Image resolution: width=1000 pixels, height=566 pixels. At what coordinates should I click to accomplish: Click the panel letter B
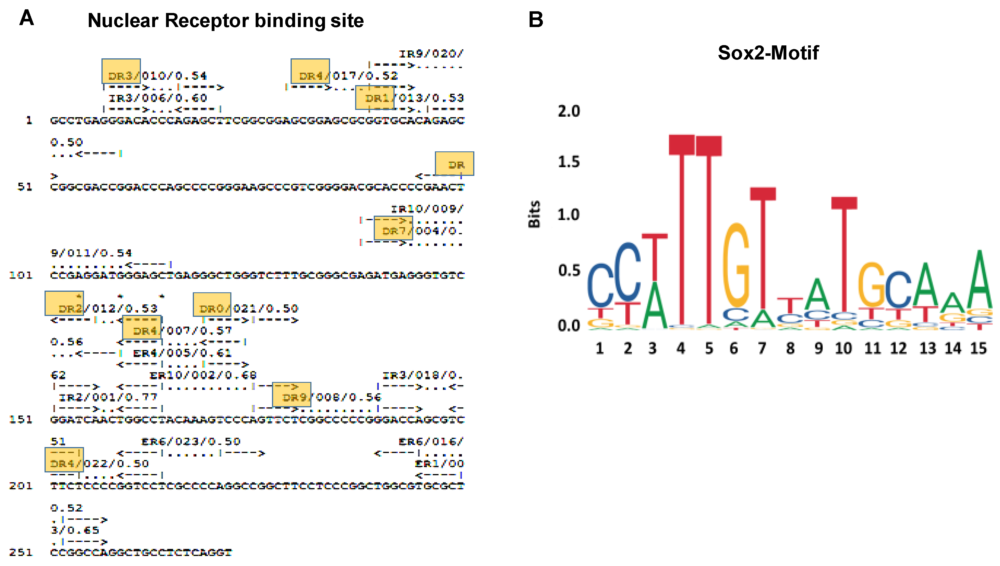pyautogui.click(x=536, y=19)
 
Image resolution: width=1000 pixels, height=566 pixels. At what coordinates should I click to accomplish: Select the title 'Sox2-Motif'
pyautogui.click(x=768, y=53)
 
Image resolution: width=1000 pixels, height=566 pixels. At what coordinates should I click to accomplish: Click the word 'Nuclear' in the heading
pyautogui.click(x=123, y=21)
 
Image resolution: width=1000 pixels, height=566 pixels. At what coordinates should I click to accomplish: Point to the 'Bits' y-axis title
pyautogui.click(x=534, y=214)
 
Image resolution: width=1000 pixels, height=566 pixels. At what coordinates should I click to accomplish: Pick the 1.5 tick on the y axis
pyautogui.click(x=568, y=162)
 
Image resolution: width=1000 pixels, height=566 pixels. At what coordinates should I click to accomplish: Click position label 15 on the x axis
pyautogui.click(x=978, y=348)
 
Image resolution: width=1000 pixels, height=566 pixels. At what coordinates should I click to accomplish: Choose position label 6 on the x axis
pyautogui.click(x=733, y=348)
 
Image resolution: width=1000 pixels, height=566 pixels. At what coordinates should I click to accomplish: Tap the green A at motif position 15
pyautogui.click(x=979, y=280)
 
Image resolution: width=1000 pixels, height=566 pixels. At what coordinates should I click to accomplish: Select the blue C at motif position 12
pyautogui.click(x=898, y=289)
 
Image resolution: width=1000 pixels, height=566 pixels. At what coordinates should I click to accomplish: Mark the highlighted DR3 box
pyautogui.click(x=121, y=71)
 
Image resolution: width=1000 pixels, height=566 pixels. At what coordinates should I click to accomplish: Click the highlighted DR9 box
pyautogui.click(x=291, y=394)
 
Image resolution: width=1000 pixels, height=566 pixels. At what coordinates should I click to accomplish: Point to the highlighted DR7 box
pyautogui.click(x=393, y=228)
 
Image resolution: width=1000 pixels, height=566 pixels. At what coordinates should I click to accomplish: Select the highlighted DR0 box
pyautogui.click(x=212, y=304)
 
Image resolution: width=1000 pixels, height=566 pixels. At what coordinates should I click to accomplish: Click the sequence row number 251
pyautogui.click(x=21, y=552)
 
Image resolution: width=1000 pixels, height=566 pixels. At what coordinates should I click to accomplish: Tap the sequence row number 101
pyautogui.click(x=21, y=275)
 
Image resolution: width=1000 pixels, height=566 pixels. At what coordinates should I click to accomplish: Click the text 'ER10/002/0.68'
pyautogui.click(x=203, y=375)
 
